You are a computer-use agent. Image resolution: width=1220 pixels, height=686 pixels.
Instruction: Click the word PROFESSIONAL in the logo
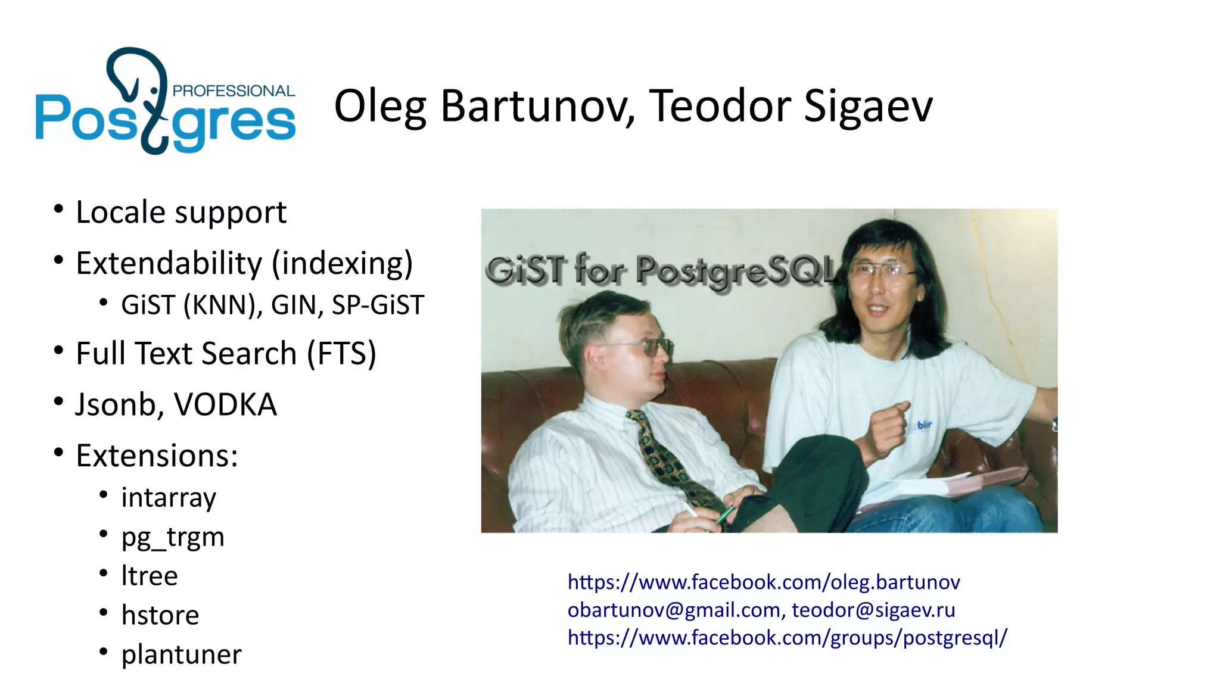[x=233, y=91]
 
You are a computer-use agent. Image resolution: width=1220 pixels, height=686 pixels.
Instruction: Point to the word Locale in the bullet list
[x=121, y=212]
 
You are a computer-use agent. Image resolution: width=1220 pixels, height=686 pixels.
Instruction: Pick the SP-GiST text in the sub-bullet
[x=378, y=305]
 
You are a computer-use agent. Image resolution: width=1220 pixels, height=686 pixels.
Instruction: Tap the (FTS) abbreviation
[x=341, y=353]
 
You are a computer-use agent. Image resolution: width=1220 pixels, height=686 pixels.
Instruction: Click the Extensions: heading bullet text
[x=157, y=456]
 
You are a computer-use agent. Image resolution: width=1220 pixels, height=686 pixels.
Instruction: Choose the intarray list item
[x=169, y=497]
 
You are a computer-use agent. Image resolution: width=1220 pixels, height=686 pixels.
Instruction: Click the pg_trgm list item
[x=173, y=537]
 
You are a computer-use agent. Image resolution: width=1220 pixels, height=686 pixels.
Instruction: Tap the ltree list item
[x=150, y=576]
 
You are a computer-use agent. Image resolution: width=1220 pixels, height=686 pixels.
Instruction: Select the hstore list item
[x=160, y=615]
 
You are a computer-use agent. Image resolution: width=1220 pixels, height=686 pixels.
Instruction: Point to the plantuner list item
[x=181, y=654]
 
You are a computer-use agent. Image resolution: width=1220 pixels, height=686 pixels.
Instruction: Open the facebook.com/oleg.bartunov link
[x=764, y=582]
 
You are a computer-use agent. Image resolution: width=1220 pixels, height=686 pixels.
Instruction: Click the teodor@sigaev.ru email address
[x=873, y=610]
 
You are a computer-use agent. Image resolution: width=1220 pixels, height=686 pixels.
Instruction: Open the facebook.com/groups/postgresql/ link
[x=787, y=638]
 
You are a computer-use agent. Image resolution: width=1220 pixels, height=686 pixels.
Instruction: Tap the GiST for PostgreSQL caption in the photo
[x=661, y=271]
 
